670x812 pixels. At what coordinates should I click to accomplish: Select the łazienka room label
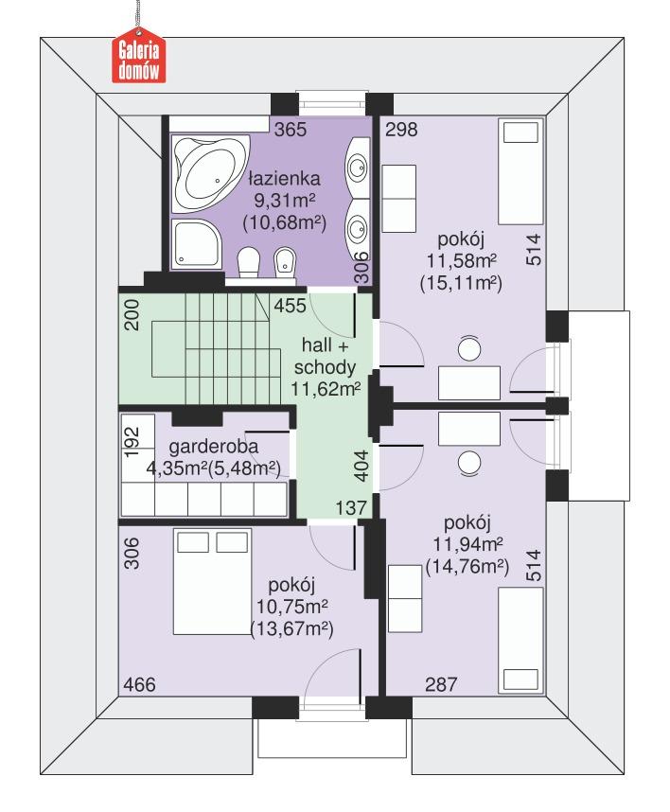[x=284, y=178]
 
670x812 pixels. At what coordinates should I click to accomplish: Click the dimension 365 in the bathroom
[x=290, y=131]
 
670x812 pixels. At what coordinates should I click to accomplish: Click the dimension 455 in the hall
[x=290, y=307]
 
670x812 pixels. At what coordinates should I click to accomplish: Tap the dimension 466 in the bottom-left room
[x=139, y=683]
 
